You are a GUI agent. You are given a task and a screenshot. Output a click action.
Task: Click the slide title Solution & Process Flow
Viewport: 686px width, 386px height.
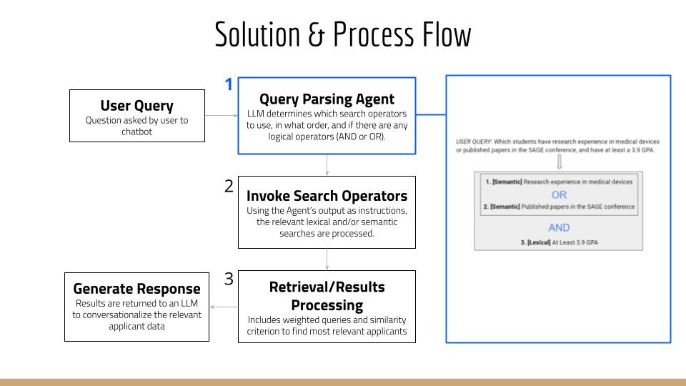(x=343, y=34)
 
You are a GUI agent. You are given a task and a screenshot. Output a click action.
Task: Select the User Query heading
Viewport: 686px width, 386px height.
(x=136, y=105)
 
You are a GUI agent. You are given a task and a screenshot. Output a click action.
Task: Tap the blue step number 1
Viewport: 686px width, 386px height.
(x=229, y=85)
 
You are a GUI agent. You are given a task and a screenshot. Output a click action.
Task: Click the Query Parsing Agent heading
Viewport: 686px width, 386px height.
(x=327, y=99)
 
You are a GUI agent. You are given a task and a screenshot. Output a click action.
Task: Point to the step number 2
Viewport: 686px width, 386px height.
(x=229, y=186)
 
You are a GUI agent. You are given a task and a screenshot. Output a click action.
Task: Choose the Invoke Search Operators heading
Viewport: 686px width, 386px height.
(x=327, y=195)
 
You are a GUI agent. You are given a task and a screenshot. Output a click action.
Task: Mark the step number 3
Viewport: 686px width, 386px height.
(x=229, y=279)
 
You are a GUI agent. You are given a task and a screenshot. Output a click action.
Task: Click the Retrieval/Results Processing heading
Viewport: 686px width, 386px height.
(x=327, y=296)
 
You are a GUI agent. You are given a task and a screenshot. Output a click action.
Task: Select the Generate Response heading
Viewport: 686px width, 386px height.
(x=136, y=289)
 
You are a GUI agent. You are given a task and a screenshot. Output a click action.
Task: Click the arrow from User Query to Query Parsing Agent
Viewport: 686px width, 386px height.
(x=221, y=115)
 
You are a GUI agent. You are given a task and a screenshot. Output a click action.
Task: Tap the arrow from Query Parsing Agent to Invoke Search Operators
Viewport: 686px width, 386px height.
(x=327, y=165)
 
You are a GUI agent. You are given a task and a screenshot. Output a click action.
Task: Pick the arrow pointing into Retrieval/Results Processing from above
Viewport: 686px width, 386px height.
(x=327, y=259)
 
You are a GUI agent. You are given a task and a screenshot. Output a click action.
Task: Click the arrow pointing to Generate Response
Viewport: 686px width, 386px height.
(x=224, y=307)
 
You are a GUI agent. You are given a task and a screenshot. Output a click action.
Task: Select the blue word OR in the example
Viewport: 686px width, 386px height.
(x=559, y=194)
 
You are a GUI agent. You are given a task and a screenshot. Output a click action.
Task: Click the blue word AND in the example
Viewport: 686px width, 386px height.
(x=559, y=227)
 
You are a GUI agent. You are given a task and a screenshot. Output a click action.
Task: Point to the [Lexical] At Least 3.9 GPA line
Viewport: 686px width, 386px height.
(x=559, y=243)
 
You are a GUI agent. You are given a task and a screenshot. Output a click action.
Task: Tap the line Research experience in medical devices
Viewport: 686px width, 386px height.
(x=559, y=182)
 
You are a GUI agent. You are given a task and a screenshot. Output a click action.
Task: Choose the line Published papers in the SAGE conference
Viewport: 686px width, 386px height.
(x=559, y=207)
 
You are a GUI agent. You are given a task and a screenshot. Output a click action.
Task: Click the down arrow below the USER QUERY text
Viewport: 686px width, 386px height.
(x=559, y=161)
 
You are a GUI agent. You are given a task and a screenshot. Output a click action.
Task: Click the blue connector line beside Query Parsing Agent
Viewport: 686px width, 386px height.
(x=430, y=114)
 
